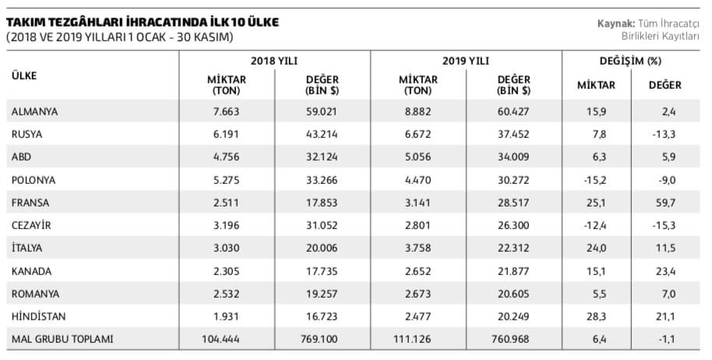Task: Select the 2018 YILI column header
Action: (x=274, y=60)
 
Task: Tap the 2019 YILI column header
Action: (x=465, y=60)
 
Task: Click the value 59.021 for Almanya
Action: (x=322, y=111)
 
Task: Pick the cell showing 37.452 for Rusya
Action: (x=513, y=134)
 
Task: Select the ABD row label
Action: (x=21, y=157)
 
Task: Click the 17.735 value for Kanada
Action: (x=322, y=270)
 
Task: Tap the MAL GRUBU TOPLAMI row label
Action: (x=62, y=339)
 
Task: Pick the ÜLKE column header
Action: (x=24, y=76)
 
